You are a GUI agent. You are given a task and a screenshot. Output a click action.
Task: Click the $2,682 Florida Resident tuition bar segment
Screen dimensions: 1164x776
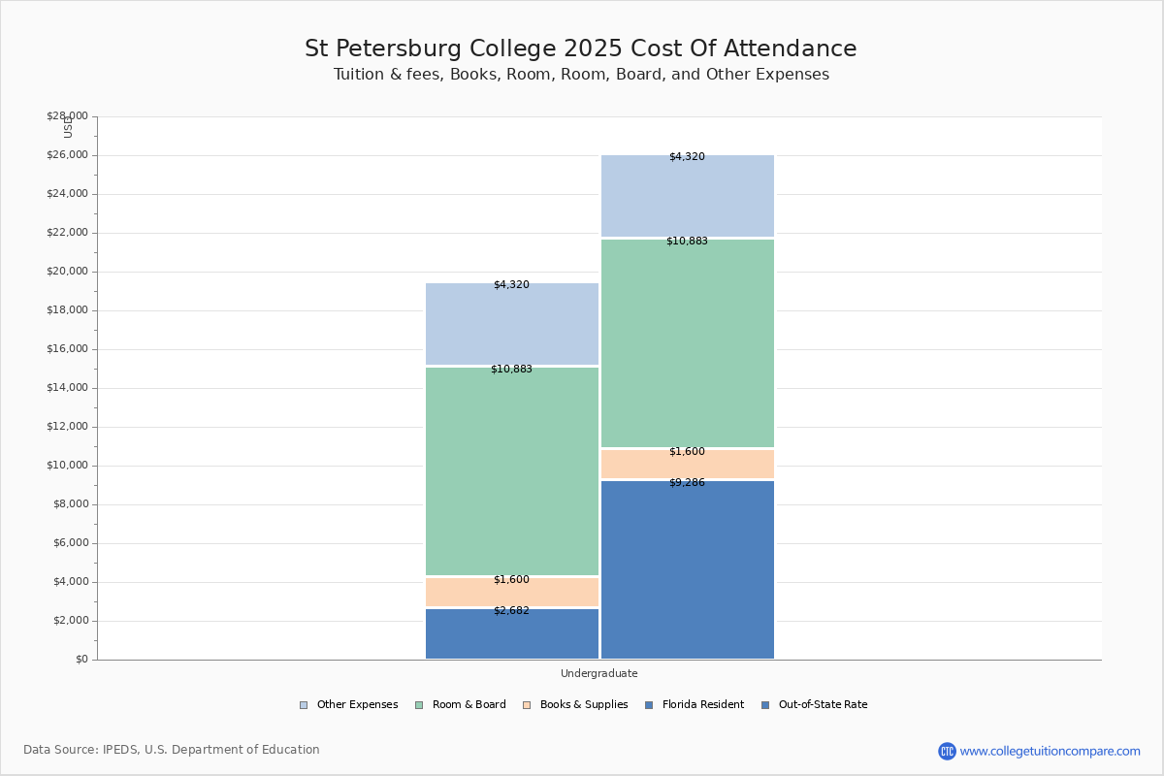click(x=512, y=633)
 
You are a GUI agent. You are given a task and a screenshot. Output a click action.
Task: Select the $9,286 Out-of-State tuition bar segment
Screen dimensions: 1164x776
click(x=688, y=569)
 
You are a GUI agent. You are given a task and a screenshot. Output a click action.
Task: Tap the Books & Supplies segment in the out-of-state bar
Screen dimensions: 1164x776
click(x=688, y=464)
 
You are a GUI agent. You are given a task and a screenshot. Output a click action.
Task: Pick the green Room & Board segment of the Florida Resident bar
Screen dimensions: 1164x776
click(x=512, y=471)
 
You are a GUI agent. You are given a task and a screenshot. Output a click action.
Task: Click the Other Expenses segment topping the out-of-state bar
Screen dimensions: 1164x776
click(x=688, y=196)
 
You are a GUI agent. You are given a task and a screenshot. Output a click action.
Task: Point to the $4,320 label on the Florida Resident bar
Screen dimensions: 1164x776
click(x=511, y=285)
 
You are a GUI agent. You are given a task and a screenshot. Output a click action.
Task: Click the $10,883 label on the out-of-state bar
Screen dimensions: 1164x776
click(x=687, y=242)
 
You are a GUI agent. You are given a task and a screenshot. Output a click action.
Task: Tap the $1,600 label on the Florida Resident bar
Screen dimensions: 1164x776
click(x=511, y=579)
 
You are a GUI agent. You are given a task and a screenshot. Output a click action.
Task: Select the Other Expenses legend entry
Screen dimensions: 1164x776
click(x=348, y=705)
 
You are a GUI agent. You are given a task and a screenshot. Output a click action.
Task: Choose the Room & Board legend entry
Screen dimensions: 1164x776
click(x=461, y=705)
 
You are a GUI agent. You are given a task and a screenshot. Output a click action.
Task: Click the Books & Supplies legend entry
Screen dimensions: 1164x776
click(x=576, y=705)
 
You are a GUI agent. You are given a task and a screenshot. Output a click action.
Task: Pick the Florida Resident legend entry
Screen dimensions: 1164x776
click(x=695, y=705)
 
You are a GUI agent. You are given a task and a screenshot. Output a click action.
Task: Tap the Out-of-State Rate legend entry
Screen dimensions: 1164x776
click(x=814, y=705)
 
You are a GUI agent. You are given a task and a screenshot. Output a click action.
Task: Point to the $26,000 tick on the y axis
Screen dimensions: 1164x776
click(x=68, y=155)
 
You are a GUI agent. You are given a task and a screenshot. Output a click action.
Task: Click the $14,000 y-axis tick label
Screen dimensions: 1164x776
click(x=68, y=387)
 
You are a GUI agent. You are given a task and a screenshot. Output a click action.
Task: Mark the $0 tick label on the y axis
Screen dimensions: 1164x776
click(x=82, y=660)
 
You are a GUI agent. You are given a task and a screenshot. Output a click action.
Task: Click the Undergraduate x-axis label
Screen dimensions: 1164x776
click(x=599, y=673)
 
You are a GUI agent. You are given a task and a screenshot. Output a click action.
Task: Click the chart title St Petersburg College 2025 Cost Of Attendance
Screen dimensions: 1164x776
click(x=580, y=48)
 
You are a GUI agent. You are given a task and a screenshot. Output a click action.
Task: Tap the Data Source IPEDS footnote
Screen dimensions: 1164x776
click(x=172, y=750)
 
